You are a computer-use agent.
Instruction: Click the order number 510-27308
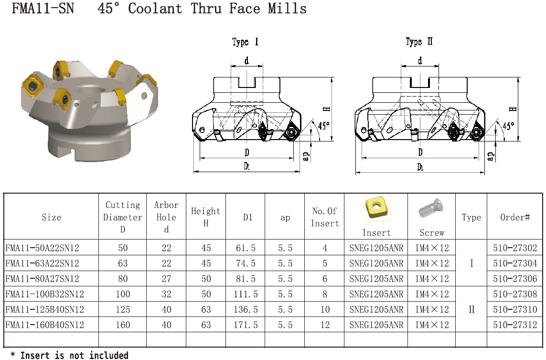pyautogui.click(x=514, y=294)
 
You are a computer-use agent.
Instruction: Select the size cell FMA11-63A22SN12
pyautogui.click(x=42, y=263)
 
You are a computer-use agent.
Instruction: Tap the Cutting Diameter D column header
pyautogui.click(x=123, y=217)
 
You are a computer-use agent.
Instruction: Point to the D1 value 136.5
pyautogui.click(x=246, y=309)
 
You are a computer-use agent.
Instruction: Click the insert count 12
pyautogui.click(x=324, y=325)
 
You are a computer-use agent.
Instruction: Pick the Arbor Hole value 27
pyautogui.click(x=166, y=279)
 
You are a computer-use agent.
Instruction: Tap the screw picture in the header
pyautogui.click(x=431, y=208)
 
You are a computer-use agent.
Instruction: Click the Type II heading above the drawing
pyautogui.click(x=419, y=42)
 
